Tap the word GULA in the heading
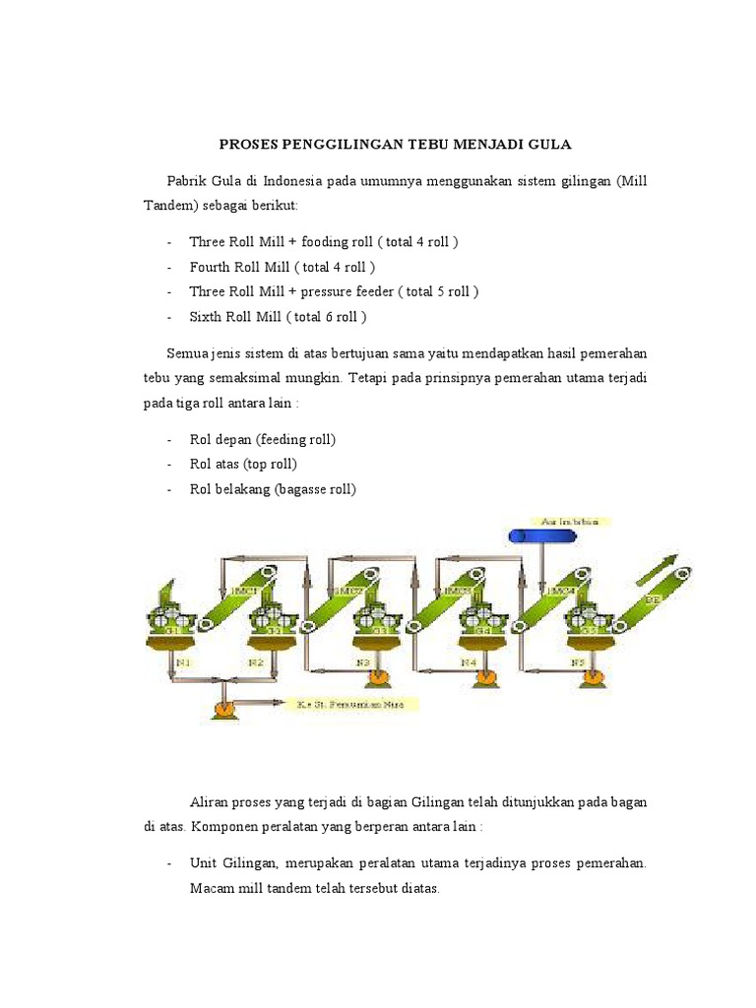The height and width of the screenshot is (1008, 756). tap(548, 144)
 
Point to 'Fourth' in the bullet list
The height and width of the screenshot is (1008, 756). tap(210, 267)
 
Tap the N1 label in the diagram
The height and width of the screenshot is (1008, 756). tap(182, 663)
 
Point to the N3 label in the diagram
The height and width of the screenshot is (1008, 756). tap(362, 663)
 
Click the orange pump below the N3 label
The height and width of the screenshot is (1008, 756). tap(376, 679)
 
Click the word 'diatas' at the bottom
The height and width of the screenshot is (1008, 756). tap(416, 889)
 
